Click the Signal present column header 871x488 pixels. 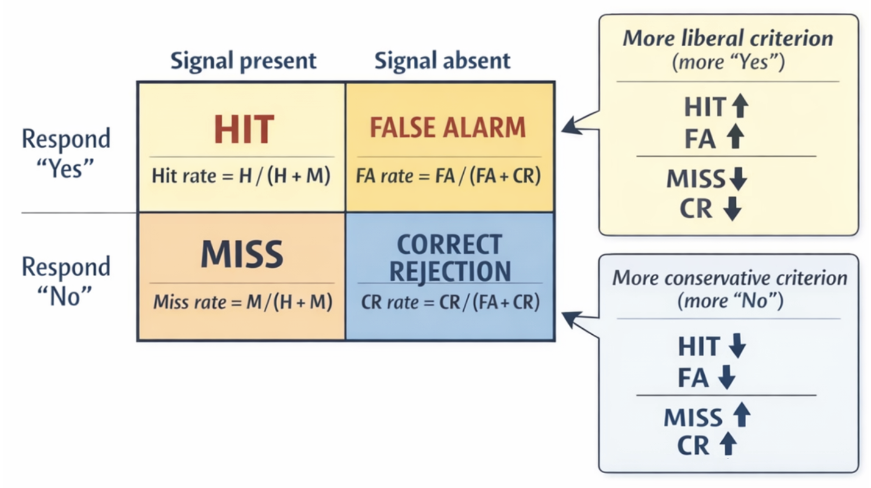pyautogui.click(x=243, y=61)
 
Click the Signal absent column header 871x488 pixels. pyautogui.click(x=442, y=61)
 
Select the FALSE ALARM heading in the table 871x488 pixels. pyautogui.click(x=447, y=127)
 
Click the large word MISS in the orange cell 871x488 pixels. pyautogui.click(x=242, y=254)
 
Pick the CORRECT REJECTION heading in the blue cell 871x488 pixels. pyautogui.click(x=450, y=258)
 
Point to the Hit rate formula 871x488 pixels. pyautogui.click(x=241, y=176)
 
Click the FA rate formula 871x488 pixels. pyautogui.click(x=448, y=176)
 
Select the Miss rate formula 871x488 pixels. pyautogui.click(x=243, y=302)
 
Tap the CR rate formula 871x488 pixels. pyautogui.click(x=450, y=302)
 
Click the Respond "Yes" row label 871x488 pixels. pyautogui.click(x=65, y=153)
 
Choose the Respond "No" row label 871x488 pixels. pyautogui.click(x=65, y=281)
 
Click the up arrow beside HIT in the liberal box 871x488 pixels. pyautogui.click(x=741, y=106)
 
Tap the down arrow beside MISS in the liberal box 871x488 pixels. pyautogui.click(x=739, y=179)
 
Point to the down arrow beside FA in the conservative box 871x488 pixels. pyautogui.click(x=727, y=377)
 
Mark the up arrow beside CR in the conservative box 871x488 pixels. pyautogui.click(x=728, y=443)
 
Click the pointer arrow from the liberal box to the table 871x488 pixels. pyautogui.click(x=578, y=125)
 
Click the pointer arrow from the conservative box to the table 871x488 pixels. pyautogui.click(x=578, y=321)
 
